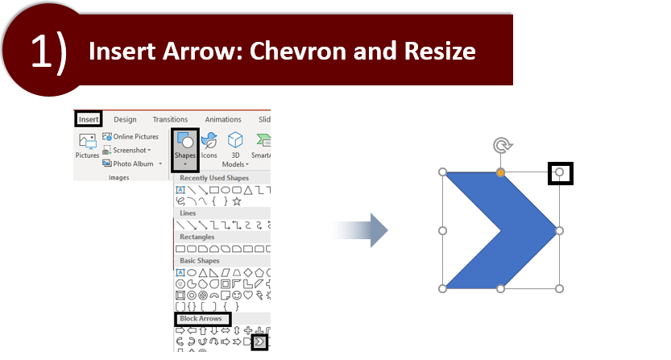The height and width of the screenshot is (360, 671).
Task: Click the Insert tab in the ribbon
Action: [89, 119]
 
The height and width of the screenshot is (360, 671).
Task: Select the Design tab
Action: [125, 119]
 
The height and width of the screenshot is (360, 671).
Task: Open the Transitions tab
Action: [170, 119]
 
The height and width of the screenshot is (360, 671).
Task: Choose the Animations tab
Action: [223, 119]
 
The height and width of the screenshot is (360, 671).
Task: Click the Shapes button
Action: [185, 150]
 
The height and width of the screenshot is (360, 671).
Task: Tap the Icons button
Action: [209, 146]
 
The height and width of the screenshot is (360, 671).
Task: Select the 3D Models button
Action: [235, 149]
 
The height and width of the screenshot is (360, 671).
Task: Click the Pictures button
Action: [87, 146]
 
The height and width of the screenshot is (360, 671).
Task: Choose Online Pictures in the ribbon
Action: [130, 137]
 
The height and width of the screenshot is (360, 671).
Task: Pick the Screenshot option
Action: [126, 151]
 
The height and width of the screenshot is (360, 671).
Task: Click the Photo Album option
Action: [132, 163]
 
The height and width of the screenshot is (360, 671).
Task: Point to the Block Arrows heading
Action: [201, 318]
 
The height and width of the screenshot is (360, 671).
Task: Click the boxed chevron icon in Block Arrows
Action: [259, 342]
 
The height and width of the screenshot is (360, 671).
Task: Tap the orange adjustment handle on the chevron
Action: [500, 172]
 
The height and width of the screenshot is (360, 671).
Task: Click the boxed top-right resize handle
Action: [559, 172]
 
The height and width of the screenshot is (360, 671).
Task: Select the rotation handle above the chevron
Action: [503, 146]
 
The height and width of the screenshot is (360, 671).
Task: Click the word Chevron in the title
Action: [298, 51]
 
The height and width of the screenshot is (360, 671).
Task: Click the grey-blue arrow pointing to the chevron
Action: [359, 230]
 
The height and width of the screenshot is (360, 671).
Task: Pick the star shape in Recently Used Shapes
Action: [237, 201]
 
